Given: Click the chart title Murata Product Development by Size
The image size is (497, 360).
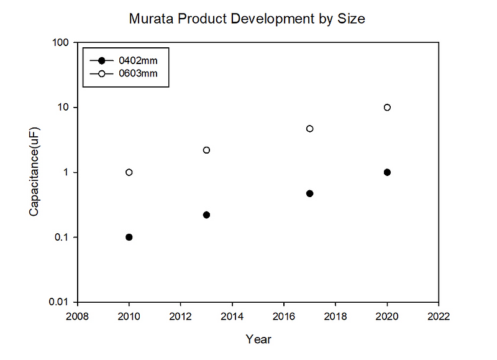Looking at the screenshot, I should point(247,19).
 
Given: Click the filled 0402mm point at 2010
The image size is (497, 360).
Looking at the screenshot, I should point(129,237).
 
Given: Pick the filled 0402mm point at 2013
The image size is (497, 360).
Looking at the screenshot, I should point(207,215).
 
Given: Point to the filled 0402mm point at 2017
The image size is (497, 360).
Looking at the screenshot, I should point(310,193).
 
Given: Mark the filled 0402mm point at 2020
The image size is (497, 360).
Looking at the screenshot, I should point(387,172).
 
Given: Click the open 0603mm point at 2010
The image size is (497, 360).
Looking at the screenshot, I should point(129,172).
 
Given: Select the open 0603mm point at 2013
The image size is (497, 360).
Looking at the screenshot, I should point(207,150).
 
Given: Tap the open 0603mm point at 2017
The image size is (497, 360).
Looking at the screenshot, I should point(310,129).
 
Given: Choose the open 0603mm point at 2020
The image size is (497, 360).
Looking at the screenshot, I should point(387,107).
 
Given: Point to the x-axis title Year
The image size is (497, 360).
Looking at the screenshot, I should point(258,339).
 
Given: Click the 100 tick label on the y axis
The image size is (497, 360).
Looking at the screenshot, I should point(60,42).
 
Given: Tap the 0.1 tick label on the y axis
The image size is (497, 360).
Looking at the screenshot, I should point(60,238).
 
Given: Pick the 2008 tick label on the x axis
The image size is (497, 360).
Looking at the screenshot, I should point(78,316).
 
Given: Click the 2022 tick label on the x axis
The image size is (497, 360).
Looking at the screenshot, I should point(439,316).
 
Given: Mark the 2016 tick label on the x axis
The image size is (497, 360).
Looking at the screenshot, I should point(284,316).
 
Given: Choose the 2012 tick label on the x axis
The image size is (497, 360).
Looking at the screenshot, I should point(181,316).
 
